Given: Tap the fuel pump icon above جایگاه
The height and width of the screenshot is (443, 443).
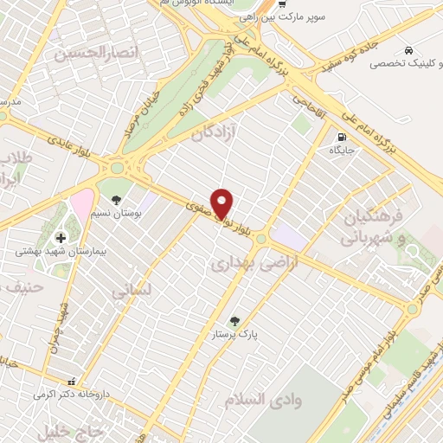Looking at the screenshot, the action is (342, 137).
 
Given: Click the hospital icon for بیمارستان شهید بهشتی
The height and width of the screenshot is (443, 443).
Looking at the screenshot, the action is (61, 238).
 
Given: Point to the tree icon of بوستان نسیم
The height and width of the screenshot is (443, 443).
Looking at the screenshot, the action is (117, 200).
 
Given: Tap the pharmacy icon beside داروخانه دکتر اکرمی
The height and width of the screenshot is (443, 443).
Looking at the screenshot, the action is (72, 380).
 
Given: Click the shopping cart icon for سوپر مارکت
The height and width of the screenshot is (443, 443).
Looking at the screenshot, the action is (280, 3).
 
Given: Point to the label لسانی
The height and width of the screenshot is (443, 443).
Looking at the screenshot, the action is (132, 292).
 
